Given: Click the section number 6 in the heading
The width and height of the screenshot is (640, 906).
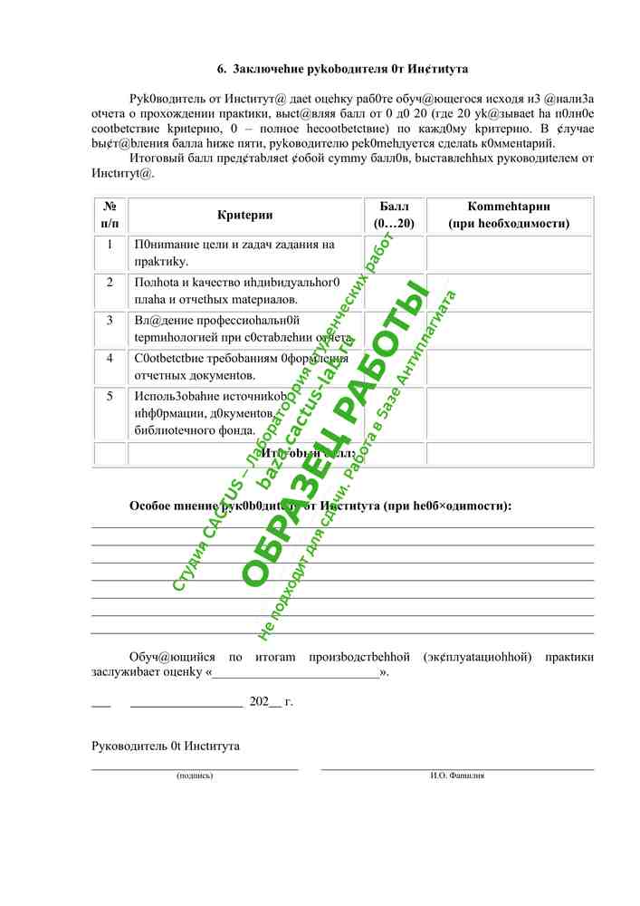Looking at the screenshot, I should (220, 69).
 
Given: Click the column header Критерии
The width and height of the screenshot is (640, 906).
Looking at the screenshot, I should (244, 216).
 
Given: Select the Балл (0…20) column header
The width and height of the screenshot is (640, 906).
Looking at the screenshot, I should (394, 216).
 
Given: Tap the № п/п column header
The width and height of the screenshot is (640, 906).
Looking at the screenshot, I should (110, 216).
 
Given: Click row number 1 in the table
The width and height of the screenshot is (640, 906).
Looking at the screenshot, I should (110, 245).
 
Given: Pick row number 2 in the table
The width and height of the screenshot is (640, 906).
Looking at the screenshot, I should (110, 283).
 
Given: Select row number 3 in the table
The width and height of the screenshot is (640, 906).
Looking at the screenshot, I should (110, 321).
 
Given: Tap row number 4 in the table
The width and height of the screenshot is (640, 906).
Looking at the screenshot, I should (110, 359).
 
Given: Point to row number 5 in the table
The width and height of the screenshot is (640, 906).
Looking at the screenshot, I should (110, 397).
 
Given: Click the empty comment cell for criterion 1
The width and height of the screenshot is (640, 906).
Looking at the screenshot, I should (510, 254).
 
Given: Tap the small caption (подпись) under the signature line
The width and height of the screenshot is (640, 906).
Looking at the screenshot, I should (195, 776).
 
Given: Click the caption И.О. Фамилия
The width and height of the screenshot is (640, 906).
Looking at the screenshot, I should (457, 776).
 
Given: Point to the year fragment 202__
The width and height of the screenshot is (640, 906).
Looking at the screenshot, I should (265, 701).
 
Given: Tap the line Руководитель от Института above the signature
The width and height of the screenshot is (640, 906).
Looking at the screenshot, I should (166, 746).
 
